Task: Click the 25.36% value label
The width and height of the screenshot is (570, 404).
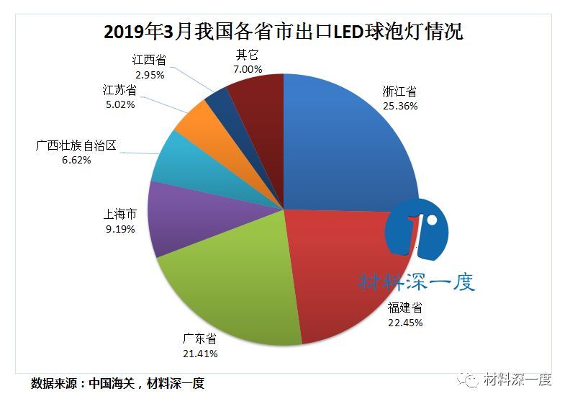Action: pos(399,105)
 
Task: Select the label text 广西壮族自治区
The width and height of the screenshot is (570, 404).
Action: pos(76,146)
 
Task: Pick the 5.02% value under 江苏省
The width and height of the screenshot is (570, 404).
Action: pos(119,104)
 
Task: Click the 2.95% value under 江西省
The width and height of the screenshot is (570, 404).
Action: pos(149,74)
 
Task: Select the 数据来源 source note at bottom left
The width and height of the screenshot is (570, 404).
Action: pos(118,383)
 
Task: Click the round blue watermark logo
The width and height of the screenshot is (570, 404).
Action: pos(416,229)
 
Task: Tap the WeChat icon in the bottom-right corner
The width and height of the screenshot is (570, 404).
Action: pos(471,380)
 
